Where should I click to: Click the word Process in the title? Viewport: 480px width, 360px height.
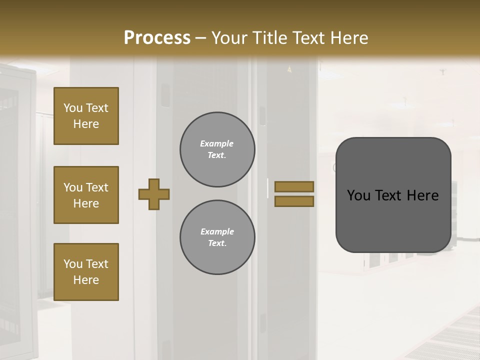click(x=157, y=37)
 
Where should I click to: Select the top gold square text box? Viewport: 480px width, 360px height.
click(x=86, y=116)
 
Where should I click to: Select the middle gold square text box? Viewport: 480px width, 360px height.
click(x=86, y=195)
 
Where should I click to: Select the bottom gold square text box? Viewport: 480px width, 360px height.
click(x=86, y=272)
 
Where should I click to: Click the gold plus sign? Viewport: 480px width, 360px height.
click(x=154, y=194)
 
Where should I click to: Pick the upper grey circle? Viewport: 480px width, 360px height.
click(x=217, y=149)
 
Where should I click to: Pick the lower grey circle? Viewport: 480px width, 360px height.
click(x=217, y=237)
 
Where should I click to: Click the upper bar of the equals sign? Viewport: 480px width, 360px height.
click(x=294, y=186)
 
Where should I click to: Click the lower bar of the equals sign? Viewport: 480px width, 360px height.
click(x=294, y=201)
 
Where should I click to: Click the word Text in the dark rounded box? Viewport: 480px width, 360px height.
click(x=388, y=195)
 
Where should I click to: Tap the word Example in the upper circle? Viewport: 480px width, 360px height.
click(x=217, y=143)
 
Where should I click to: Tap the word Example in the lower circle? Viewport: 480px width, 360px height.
click(x=217, y=231)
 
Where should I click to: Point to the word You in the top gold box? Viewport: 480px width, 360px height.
click(x=73, y=108)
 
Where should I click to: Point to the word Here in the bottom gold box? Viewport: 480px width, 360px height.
click(x=86, y=280)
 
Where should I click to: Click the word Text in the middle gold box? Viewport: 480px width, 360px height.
click(x=97, y=187)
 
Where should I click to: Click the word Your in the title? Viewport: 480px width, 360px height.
click(x=227, y=37)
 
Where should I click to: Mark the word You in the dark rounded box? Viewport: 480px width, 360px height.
click(x=358, y=195)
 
